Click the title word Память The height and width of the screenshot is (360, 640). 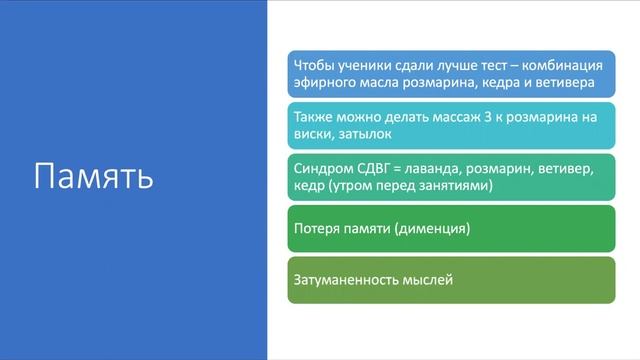pos(93,176)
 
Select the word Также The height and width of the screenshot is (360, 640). pos(314,116)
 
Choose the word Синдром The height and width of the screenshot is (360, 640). pos(321,166)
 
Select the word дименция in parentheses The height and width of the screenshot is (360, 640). pos(432,230)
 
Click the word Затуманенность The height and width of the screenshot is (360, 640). pos(348,280)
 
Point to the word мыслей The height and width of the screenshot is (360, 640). pos(430,280)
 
